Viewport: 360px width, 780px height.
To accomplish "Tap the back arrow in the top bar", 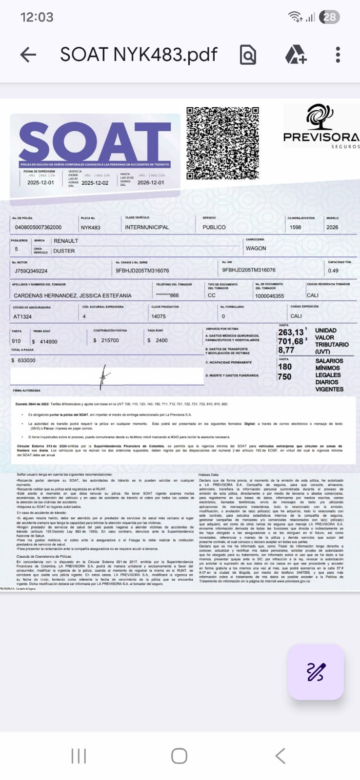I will tap(28, 55).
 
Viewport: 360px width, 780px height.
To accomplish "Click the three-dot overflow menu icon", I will tap(338, 55).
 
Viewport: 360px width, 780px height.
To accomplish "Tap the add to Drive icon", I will tap(296, 55).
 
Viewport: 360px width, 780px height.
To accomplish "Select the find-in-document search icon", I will tap(248, 55).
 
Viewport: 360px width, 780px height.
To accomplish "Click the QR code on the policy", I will tap(222, 143).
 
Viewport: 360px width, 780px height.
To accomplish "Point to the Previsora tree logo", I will tap(320, 117).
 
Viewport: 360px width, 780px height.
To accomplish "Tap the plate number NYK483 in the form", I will tap(91, 227).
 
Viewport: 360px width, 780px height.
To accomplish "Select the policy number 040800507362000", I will tap(39, 227).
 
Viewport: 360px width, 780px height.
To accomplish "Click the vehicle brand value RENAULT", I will tap(66, 241).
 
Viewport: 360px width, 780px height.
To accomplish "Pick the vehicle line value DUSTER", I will tap(64, 251).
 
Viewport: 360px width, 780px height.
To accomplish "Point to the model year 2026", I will tap(332, 227).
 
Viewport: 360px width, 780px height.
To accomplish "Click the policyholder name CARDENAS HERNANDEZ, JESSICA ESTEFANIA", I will tap(73, 295).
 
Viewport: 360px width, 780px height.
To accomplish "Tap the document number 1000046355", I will tap(269, 295).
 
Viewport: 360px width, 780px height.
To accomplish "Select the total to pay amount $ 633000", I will tap(23, 360).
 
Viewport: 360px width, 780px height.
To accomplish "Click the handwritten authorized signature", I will tap(104, 376).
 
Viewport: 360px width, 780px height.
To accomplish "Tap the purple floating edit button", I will tap(316, 672).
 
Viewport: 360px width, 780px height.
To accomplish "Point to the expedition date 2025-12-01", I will tap(40, 183).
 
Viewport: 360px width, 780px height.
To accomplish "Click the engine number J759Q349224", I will tap(31, 271).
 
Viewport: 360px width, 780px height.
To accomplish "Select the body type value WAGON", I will tap(256, 248).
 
